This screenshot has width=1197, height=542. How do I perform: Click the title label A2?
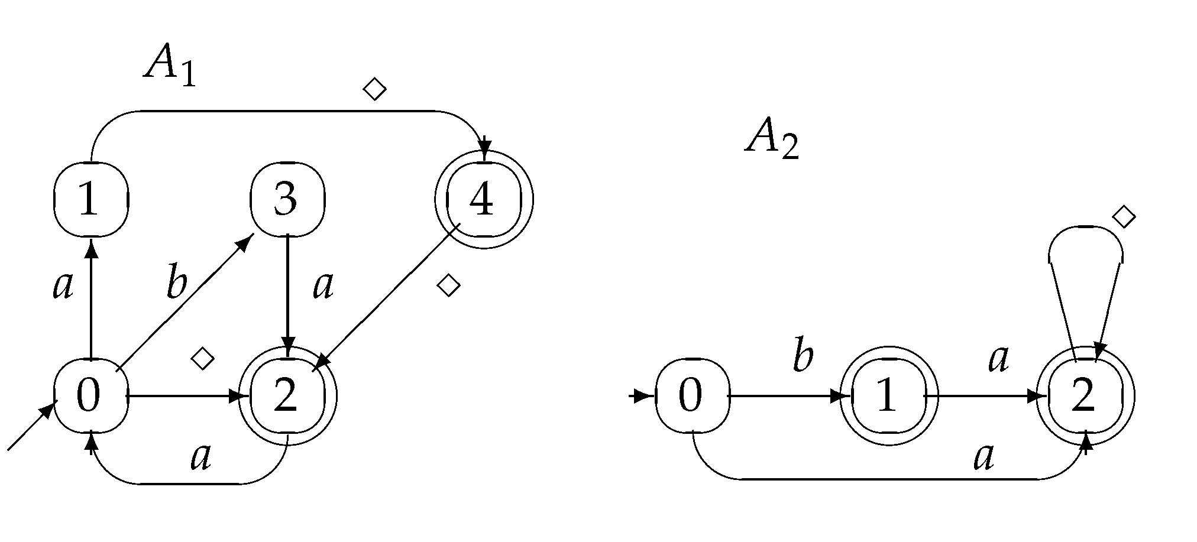click(772, 140)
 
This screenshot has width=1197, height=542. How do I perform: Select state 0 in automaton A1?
click(90, 395)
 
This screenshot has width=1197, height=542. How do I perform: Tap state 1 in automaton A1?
click(90, 199)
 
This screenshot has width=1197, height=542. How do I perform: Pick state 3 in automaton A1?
click(287, 199)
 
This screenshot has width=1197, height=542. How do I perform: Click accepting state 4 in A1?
click(483, 199)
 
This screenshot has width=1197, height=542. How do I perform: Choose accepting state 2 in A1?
click(287, 395)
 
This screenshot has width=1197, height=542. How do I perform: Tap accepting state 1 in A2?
click(888, 395)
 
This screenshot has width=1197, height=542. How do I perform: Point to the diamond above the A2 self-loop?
click(1124, 217)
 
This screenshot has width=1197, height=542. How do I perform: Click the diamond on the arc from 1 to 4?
click(374, 90)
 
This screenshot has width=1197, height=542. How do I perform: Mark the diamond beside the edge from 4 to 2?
click(448, 285)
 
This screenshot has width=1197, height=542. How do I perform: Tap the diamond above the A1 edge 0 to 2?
click(203, 358)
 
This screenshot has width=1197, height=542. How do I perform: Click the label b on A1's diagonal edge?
click(176, 284)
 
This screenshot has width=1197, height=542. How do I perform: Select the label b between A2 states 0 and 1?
click(803, 357)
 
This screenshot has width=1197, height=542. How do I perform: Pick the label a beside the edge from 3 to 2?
click(323, 286)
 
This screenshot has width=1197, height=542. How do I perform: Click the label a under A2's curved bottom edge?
click(984, 457)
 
